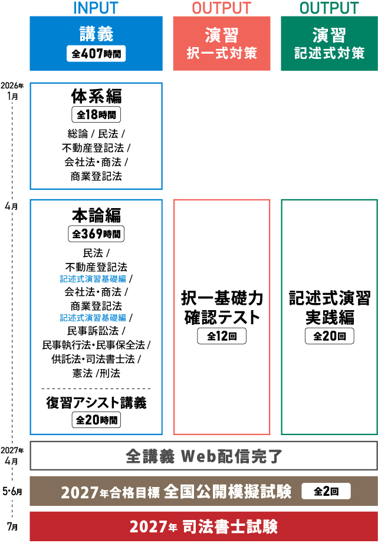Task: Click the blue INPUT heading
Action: pos(96,8)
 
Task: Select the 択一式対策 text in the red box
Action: pos(222,53)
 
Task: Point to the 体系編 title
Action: pos(96,96)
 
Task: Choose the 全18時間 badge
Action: pos(96,114)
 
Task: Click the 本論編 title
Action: pos(96,214)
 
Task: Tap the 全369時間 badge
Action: pos(96,233)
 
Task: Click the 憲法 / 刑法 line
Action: pos(96,373)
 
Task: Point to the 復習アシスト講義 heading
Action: pos(96,403)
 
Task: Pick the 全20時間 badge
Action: pos(96,420)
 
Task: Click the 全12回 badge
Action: pos(222,337)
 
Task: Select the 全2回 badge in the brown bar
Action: pos(326,491)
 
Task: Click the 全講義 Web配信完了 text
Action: pos(204,456)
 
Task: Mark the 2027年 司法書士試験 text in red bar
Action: pos(203,526)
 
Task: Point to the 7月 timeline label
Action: pos(13,526)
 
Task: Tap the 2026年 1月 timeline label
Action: pos(12,91)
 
